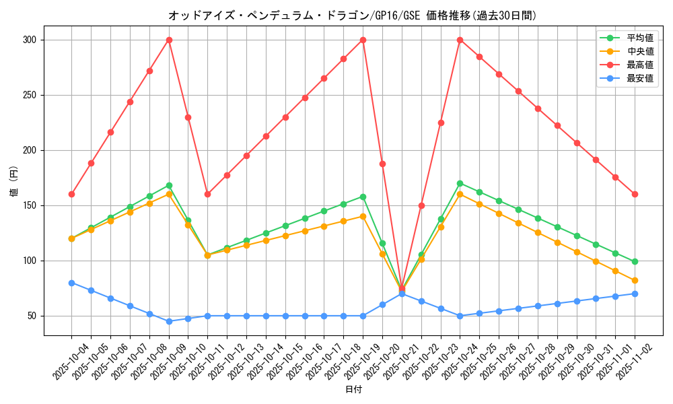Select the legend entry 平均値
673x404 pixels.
pyautogui.click(x=640, y=38)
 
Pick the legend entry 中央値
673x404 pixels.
pyautogui.click(x=640, y=52)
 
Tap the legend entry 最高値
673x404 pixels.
pyautogui.click(x=640, y=65)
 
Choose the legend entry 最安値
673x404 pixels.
pyautogui.click(x=640, y=79)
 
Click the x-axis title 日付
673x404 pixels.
pyautogui.click(x=353, y=390)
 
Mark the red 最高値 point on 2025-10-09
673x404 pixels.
pyautogui.click(x=169, y=40)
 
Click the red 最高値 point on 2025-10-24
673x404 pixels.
pyautogui.click(x=460, y=40)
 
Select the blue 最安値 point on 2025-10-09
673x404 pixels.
pyautogui.click(x=169, y=321)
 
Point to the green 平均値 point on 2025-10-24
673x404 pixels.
pyautogui.click(x=460, y=183)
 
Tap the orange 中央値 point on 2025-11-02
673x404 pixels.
pyautogui.click(x=635, y=280)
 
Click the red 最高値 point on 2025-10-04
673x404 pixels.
pyautogui.click(x=71, y=194)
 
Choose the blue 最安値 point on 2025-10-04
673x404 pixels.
pyautogui.click(x=71, y=283)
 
